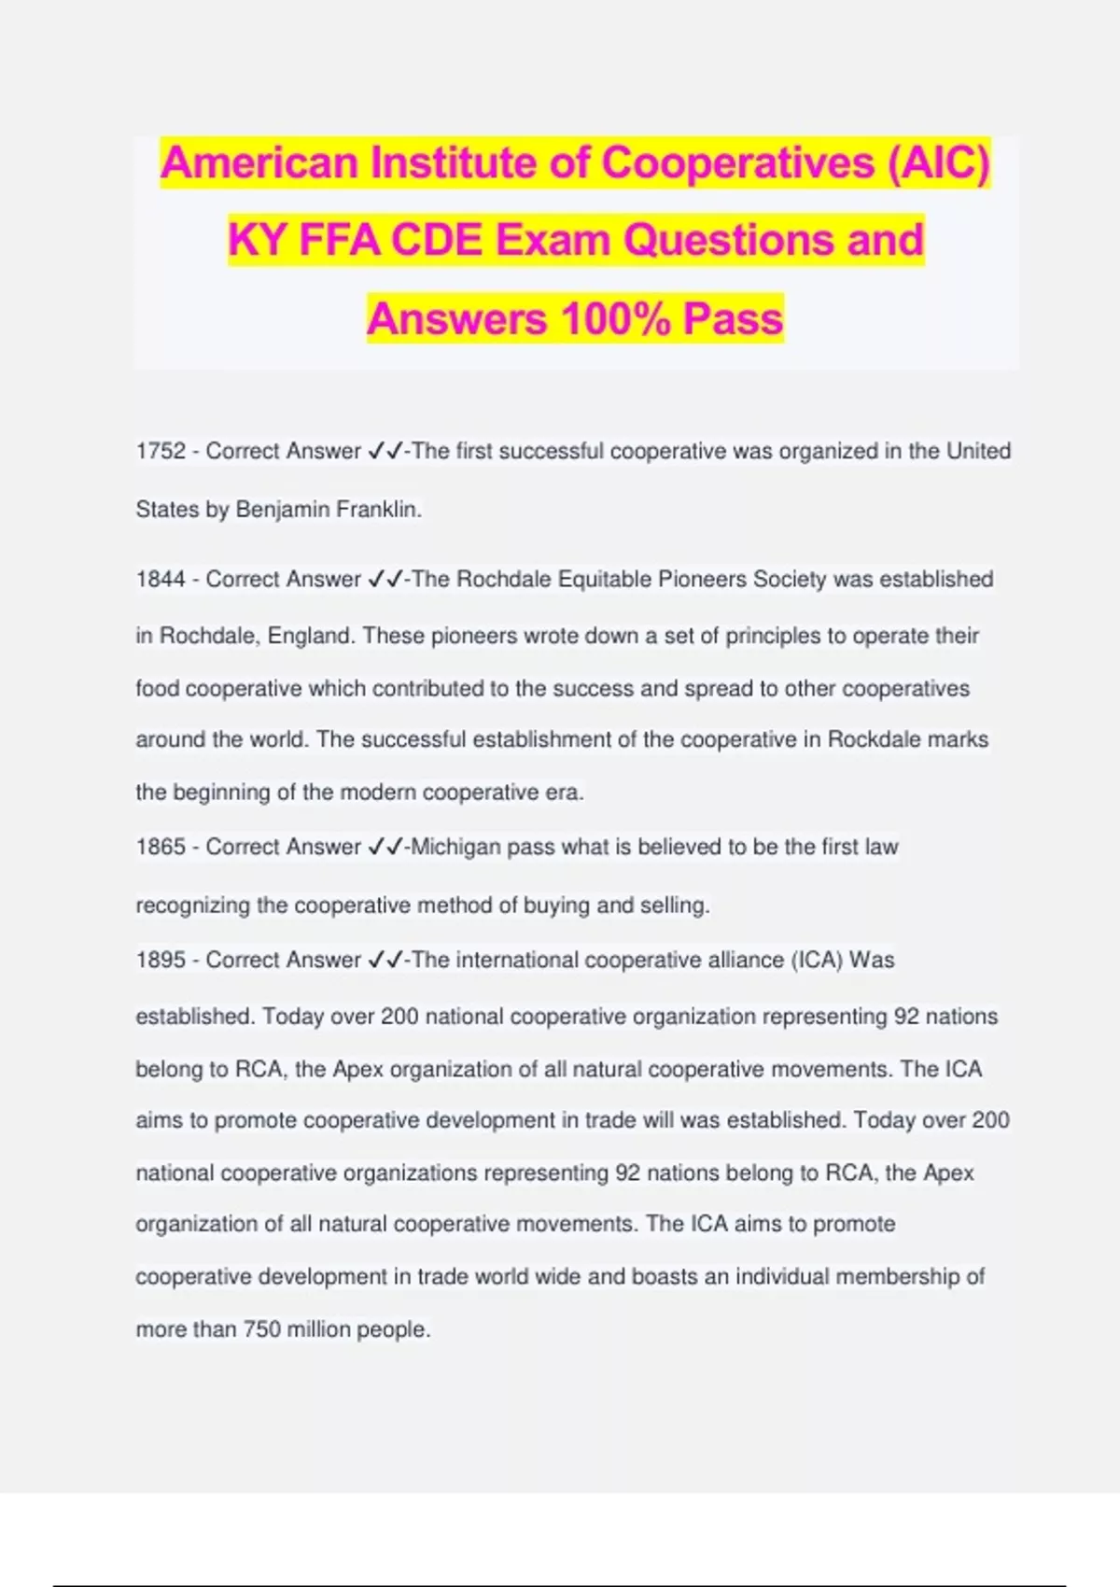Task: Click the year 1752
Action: pyautogui.click(x=161, y=452)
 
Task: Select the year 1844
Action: pyautogui.click(x=161, y=580)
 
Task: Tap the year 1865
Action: pyautogui.click(x=161, y=848)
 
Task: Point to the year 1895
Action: pyautogui.click(x=161, y=961)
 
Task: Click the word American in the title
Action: pyautogui.click(x=259, y=163)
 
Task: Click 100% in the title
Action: pyautogui.click(x=615, y=319)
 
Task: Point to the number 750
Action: pyautogui.click(x=262, y=1330)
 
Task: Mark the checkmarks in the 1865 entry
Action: pyautogui.click(x=385, y=848)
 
